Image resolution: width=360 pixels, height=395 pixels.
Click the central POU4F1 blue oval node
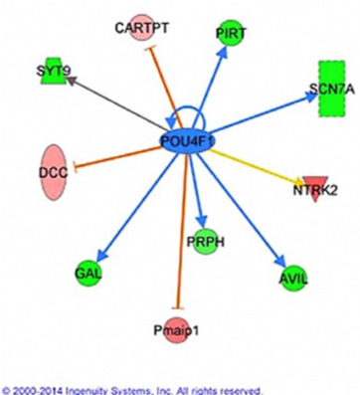(187, 141)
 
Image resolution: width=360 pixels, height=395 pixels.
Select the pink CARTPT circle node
(142, 28)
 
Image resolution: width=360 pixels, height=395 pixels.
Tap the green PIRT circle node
(231, 33)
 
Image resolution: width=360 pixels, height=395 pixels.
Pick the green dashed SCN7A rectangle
(331, 89)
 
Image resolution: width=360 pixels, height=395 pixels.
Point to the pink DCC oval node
(53, 172)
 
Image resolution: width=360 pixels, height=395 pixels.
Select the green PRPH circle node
(206, 242)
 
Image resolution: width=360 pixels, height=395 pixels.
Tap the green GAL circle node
(89, 274)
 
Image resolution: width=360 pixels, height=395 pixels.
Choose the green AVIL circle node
(292, 279)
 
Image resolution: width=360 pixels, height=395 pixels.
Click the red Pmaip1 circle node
(177, 330)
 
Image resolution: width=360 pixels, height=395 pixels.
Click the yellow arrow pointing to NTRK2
(257, 167)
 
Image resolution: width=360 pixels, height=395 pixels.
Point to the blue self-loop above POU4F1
(186, 107)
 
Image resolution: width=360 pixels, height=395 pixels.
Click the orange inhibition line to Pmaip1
(182, 232)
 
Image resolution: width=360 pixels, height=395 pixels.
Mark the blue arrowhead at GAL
(103, 256)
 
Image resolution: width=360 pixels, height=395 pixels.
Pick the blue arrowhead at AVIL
(280, 260)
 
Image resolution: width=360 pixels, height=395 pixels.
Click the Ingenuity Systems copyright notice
(132, 389)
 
